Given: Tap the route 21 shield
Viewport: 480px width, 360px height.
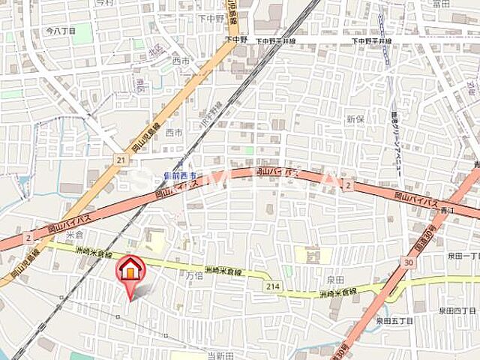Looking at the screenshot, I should (120, 159).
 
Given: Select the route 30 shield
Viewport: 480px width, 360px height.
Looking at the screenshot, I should (408, 262).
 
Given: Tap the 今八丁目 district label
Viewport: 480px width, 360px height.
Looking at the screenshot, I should (61, 32).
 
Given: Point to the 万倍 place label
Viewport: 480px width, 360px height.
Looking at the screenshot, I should (195, 276).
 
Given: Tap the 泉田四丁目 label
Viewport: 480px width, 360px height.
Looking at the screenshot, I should (457, 310).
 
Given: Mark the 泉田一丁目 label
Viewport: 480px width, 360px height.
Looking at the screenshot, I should (463, 256).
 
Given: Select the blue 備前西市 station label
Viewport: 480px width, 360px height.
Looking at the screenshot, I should (179, 175).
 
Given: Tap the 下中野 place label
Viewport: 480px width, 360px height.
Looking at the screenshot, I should (211, 17).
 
